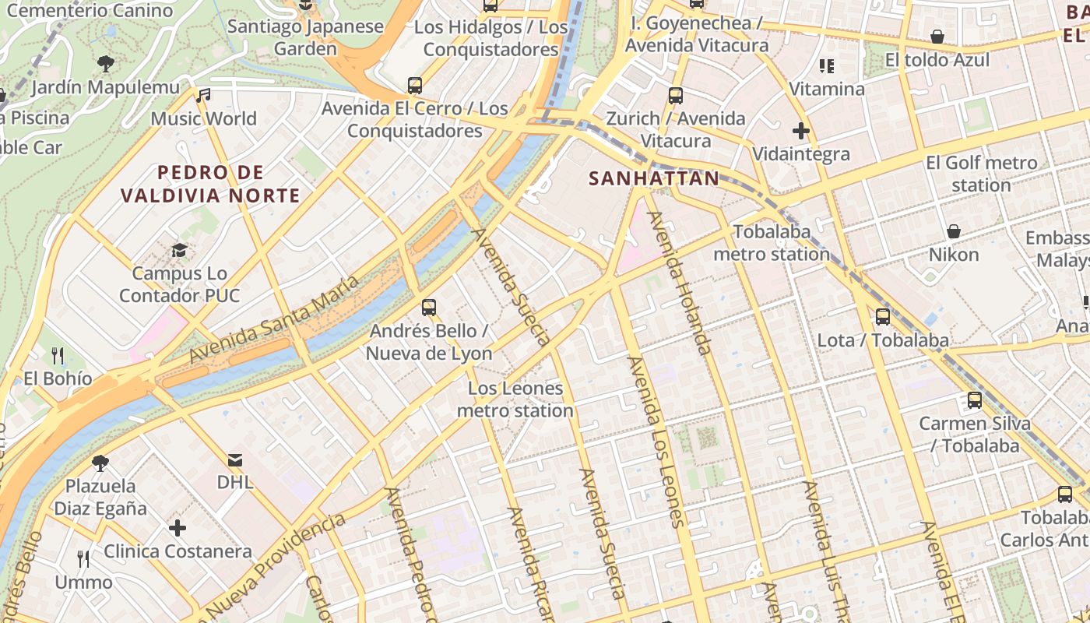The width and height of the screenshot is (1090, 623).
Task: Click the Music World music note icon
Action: [203, 96]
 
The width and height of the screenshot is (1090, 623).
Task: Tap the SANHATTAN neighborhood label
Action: [654, 178]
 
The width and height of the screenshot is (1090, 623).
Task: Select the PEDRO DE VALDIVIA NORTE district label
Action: [210, 184]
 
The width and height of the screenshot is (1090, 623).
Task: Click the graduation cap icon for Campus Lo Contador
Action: [180, 250]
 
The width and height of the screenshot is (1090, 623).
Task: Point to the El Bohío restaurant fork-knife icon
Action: [58, 356]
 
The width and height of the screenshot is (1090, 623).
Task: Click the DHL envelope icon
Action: [235, 459]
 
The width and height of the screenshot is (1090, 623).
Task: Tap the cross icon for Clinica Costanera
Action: [178, 528]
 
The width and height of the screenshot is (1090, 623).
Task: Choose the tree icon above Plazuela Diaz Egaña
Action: [100, 463]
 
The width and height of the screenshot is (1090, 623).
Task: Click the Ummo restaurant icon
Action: [83, 558]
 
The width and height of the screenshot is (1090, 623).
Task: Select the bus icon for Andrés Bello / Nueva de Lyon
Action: [428, 308]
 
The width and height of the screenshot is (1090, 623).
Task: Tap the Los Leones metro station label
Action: [515, 399]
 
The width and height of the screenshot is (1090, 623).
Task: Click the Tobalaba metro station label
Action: [772, 243]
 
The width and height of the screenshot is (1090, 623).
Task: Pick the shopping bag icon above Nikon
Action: [953, 231]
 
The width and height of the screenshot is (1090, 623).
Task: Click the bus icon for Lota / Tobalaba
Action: [883, 317]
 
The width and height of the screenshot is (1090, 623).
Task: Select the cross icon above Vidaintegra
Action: [800, 131]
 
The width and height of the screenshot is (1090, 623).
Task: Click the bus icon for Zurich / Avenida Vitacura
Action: [675, 96]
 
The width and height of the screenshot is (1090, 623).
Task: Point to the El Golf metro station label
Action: [981, 174]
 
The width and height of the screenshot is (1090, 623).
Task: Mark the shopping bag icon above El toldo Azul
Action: [937, 37]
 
